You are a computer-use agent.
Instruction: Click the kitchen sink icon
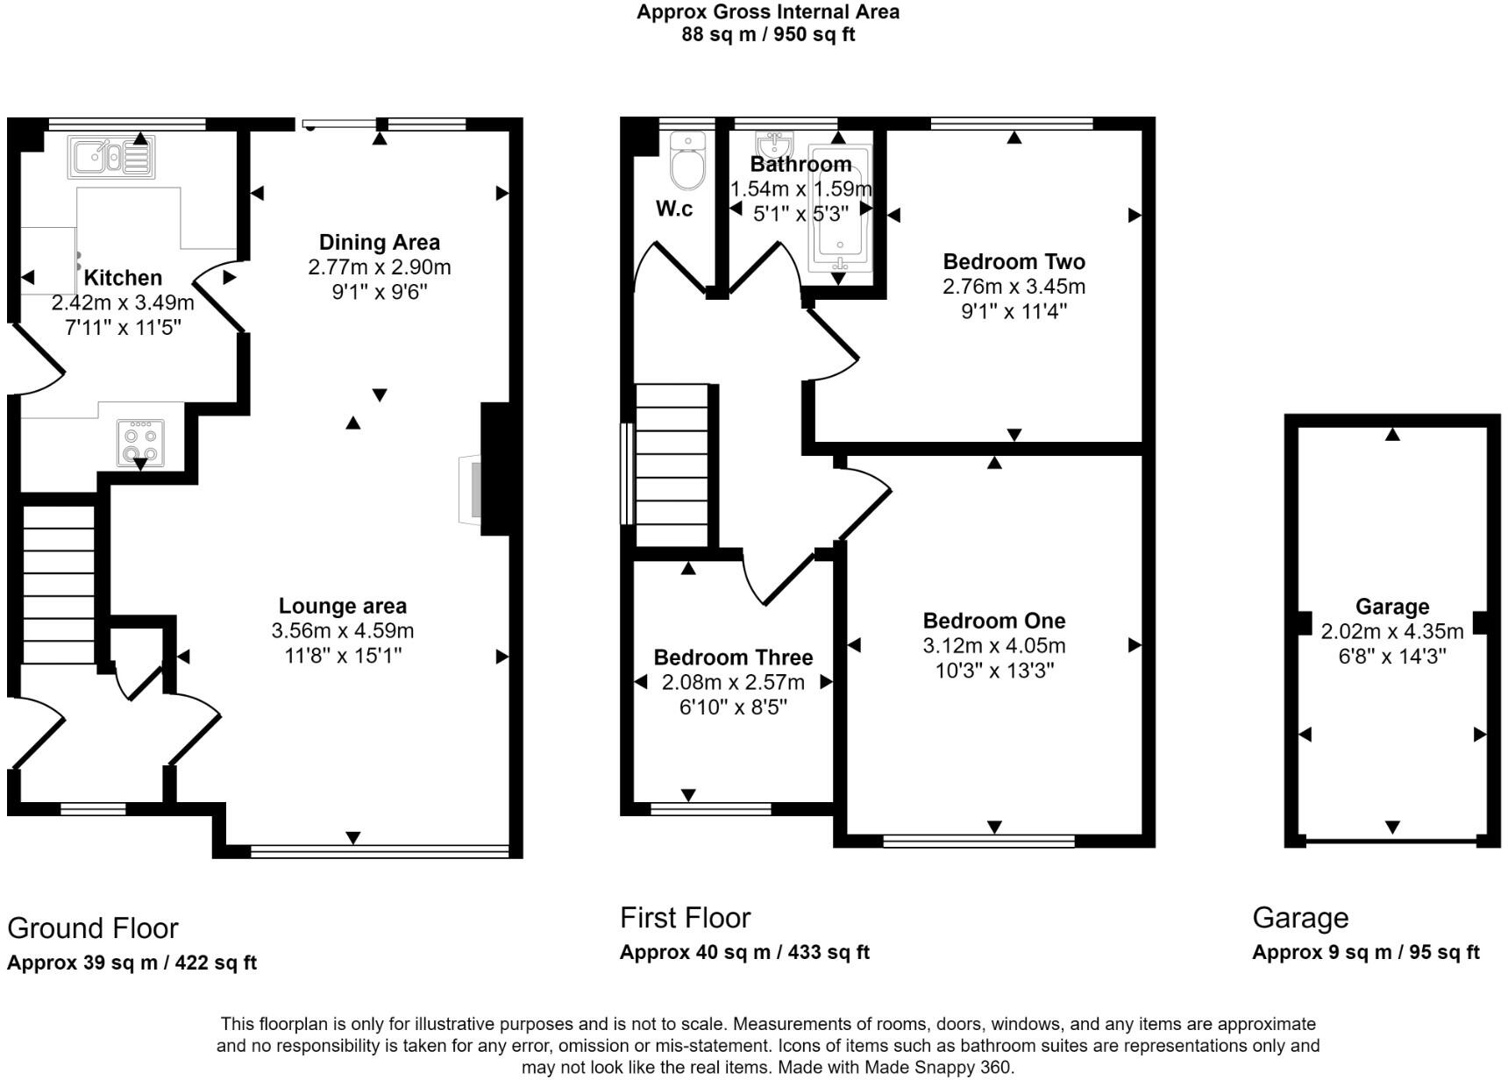(111, 158)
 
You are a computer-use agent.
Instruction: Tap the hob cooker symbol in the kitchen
(141, 444)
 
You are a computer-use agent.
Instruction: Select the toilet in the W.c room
(687, 160)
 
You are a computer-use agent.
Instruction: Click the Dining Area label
(379, 243)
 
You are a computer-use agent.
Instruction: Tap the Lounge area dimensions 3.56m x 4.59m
(343, 630)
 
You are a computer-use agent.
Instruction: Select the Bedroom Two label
(1014, 261)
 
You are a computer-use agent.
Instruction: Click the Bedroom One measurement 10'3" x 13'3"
(993, 671)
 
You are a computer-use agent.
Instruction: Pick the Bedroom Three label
(733, 657)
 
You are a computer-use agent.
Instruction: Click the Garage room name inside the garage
(1391, 607)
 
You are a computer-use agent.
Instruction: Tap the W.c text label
(673, 209)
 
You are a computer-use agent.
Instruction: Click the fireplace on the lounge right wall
(473, 489)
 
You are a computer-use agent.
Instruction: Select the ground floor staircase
(58, 583)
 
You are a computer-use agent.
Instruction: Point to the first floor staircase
(671, 465)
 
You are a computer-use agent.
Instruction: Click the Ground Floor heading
(92, 927)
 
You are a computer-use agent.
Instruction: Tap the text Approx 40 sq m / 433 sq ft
(743, 952)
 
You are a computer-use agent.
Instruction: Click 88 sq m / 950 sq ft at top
(767, 35)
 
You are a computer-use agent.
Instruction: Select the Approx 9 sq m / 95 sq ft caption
(1365, 952)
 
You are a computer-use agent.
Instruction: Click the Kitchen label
(123, 278)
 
